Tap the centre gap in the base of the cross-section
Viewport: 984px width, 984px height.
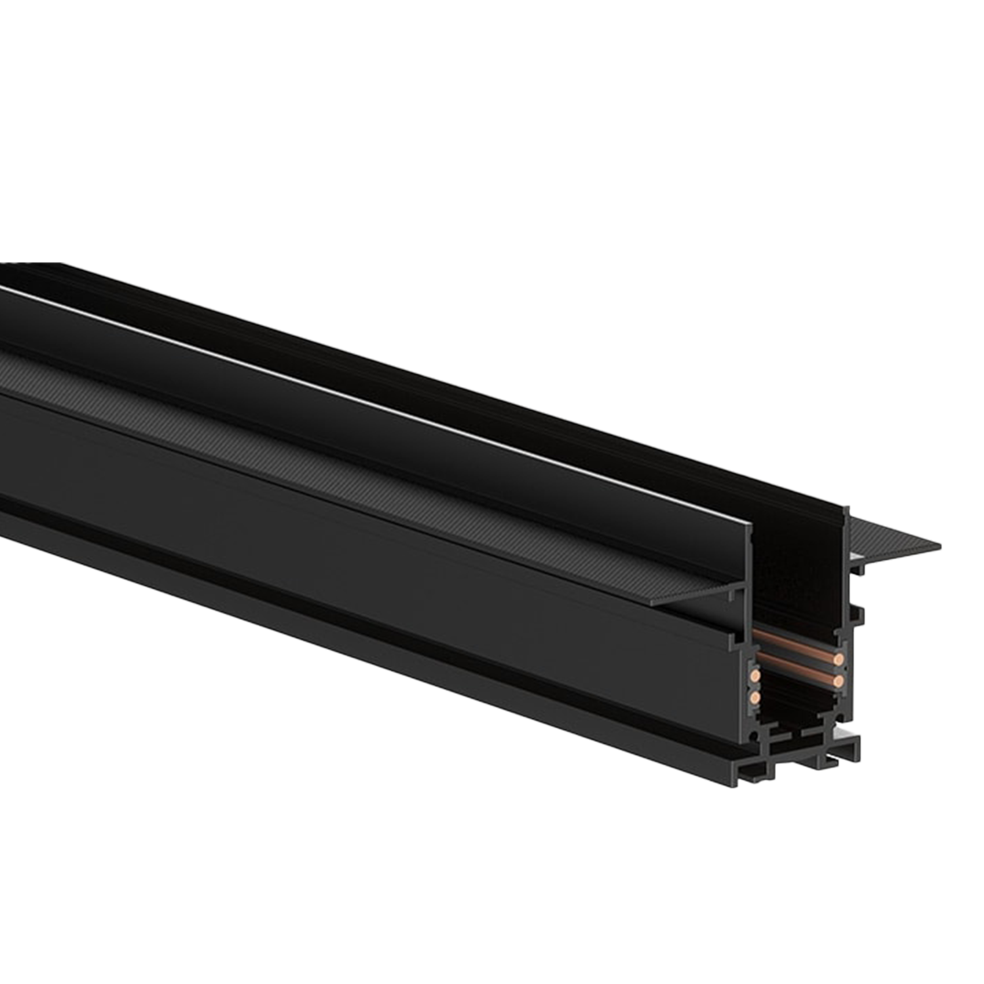[x=795, y=741]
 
